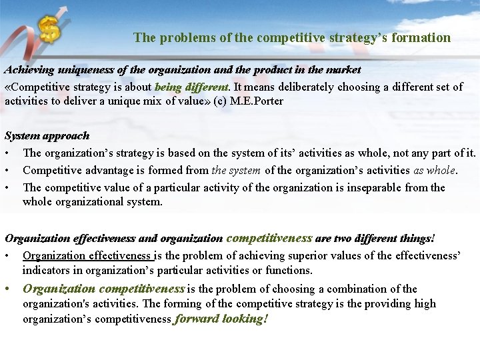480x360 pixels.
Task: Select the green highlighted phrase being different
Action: (x=191, y=87)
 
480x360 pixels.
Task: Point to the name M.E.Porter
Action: (x=258, y=101)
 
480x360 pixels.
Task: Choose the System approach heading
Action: (x=47, y=135)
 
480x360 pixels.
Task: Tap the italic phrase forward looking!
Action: (x=221, y=319)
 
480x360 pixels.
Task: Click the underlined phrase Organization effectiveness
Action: (x=87, y=255)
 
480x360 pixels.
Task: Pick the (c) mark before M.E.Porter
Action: (x=219, y=101)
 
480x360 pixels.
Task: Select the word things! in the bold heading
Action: (x=415, y=238)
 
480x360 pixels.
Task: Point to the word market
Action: (x=343, y=70)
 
